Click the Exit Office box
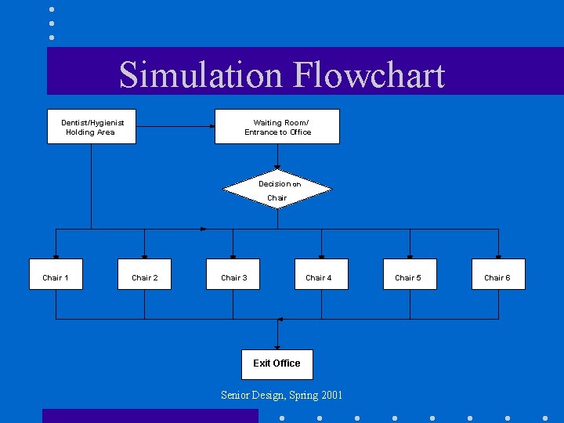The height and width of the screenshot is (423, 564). coord(277,364)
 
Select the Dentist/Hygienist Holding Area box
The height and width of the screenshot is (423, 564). coord(91,126)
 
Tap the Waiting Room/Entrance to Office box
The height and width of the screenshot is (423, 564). coord(277,126)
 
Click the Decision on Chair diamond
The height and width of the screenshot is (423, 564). coord(277,190)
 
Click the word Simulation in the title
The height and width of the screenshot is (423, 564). coord(202,75)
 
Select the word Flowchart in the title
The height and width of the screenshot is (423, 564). coord(369,75)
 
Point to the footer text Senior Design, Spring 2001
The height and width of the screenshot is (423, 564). coord(281,396)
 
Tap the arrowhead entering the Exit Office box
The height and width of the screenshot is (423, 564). coord(277,347)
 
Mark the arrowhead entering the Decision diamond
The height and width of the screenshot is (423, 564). coord(277,167)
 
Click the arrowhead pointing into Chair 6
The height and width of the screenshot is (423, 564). coord(498,256)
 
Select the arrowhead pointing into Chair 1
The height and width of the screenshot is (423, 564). coord(56,256)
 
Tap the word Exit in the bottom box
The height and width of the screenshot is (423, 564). coord(261,363)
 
